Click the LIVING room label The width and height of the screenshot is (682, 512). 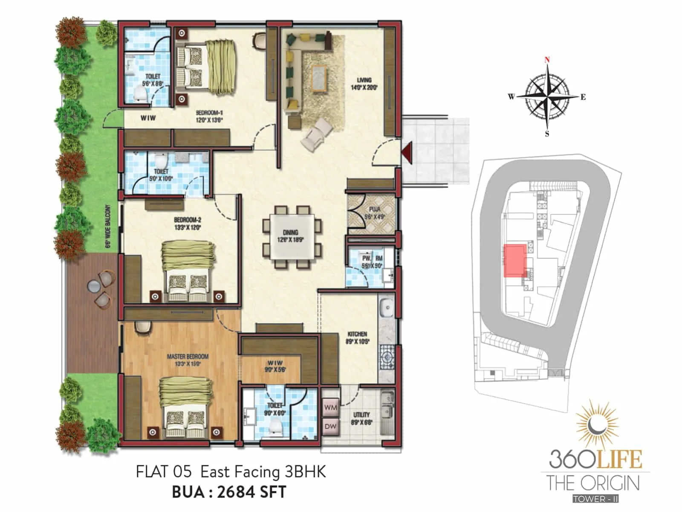pos(364,80)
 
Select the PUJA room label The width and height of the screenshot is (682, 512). pos(374,209)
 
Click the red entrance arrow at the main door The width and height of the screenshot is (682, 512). pos(407,153)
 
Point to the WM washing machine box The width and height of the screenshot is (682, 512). pos(330,407)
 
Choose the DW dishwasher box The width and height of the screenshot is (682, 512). pos(330,426)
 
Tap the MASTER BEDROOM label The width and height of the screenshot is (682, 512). pos(188,357)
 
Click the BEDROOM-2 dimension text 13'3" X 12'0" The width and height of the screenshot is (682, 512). pos(188,227)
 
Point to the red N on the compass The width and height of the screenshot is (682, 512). pos(547,60)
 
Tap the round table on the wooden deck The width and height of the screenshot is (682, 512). pos(93,285)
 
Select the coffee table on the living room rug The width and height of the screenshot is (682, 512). pos(319,79)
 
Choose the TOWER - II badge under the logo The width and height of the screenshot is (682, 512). pos(595,499)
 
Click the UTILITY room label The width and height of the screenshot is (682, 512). pos(361,415)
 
